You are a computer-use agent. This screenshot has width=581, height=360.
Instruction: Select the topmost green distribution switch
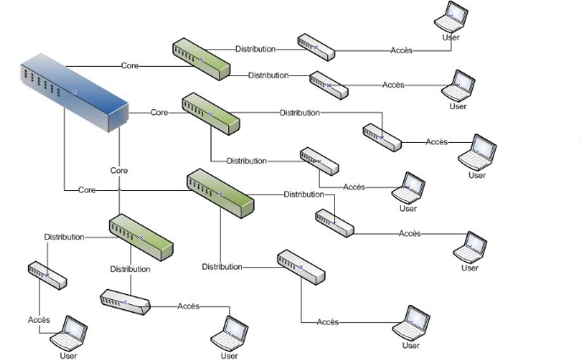201,59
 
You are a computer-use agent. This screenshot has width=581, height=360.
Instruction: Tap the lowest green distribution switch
140,237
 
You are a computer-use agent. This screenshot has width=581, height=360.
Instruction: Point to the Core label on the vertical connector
119,171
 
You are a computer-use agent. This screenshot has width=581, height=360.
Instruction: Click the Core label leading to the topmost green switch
129,65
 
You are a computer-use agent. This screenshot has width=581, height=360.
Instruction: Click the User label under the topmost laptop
451,37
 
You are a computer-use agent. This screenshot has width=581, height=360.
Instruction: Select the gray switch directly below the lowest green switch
125,301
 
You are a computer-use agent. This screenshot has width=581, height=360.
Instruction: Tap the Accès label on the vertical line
39,319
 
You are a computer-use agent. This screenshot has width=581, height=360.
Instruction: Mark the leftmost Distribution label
64,237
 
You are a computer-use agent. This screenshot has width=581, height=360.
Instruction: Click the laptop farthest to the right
479,150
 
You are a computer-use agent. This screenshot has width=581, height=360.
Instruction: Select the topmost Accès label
401,51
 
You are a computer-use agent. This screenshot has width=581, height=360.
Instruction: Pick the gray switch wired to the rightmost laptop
382,137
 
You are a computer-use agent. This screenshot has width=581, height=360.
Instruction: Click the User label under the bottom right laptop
411,345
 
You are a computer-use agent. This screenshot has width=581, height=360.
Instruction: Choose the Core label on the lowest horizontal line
86,190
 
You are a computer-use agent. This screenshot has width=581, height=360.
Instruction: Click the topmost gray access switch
316,47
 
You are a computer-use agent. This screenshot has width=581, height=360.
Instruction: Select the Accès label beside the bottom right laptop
328,322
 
